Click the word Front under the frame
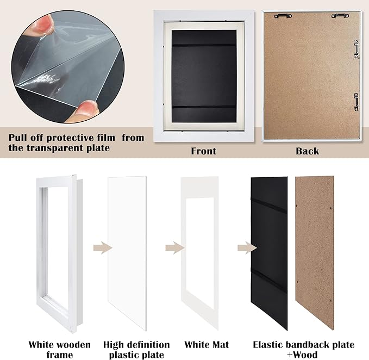tap(203, 151)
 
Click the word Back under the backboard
tap(308, 151)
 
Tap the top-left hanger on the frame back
tap(283, 16)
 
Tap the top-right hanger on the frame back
tap(340, 16)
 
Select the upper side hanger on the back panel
tap(357, 49)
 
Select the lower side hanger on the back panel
tap(356, 102)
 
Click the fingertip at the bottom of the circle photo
tap(85, 110)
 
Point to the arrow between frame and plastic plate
tap(103, 247)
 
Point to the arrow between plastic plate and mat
tap(175, 247)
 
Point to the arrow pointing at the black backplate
tap(247, 247)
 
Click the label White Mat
tap(207, 345)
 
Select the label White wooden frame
tap(60, 350)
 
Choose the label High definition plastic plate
tap(136, 350)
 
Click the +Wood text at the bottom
tap(302, 355)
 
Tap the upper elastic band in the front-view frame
tap(204, 45)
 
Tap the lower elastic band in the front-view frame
tap(204, 107)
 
